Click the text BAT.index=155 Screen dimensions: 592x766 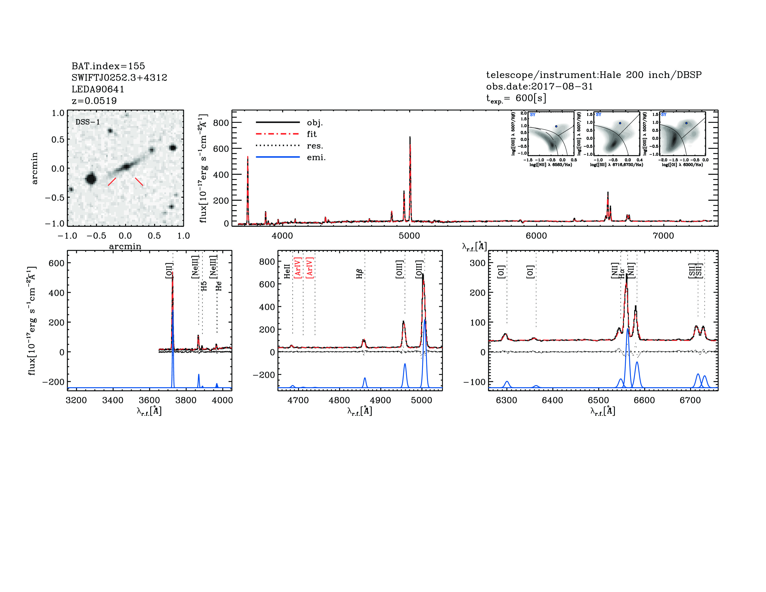click(108, 66)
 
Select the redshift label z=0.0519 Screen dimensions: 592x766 click(94, 101)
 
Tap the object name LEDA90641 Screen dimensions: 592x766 click(98, 89)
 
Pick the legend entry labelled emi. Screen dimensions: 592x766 click(316, 157)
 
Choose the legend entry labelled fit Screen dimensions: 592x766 click(312, 134)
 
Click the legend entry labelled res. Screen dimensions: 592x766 click(315, 146)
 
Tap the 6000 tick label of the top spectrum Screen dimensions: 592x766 click(536, 236)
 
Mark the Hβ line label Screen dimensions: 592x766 click(360, 273)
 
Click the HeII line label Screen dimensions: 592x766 click(287, 271)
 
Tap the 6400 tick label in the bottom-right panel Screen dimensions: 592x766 click(552, 400)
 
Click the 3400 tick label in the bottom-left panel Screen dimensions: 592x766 click(113, 400)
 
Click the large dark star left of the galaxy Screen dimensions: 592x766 click(91, 179)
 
